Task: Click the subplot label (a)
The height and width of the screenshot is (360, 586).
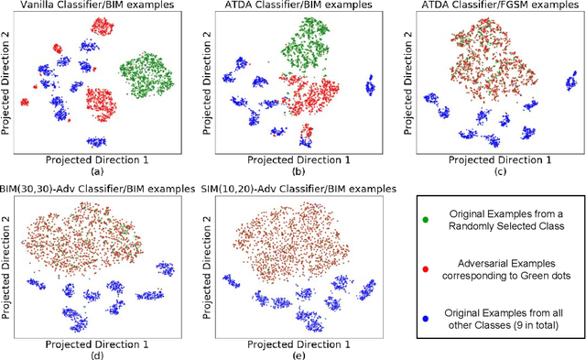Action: (x=99, y=171)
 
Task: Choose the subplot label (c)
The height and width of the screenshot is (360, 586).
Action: (x=491, y=171)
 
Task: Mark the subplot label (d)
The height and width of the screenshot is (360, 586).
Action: (x=99, y=353)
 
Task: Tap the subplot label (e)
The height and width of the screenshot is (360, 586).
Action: (x=295, y=353)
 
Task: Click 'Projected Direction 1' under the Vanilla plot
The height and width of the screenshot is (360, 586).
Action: (x=99, y=157)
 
